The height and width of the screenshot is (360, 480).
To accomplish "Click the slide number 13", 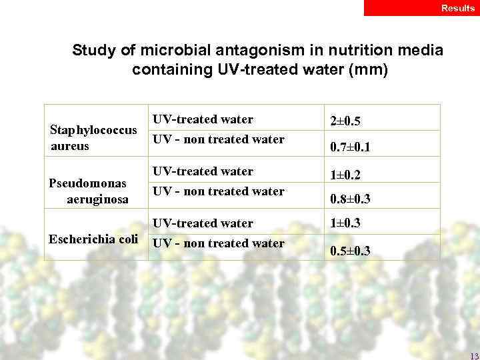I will (474, 355).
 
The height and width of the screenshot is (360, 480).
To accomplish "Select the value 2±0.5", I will (346, 122).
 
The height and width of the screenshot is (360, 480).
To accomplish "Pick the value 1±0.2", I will (346, 174).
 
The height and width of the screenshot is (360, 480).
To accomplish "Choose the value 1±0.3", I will (346, 223).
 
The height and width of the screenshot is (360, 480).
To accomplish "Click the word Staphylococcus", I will (94, 129).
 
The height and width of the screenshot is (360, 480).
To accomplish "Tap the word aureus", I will (69, 145).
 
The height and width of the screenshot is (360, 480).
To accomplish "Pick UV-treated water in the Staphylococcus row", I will (203, 119).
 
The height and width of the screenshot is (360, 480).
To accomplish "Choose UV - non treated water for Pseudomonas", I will (219, 191).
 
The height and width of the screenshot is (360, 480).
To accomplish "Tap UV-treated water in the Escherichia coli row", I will (203, 223).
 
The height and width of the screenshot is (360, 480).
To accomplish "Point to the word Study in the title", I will (93, 51).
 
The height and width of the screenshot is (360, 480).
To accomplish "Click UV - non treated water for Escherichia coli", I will (219, 243).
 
